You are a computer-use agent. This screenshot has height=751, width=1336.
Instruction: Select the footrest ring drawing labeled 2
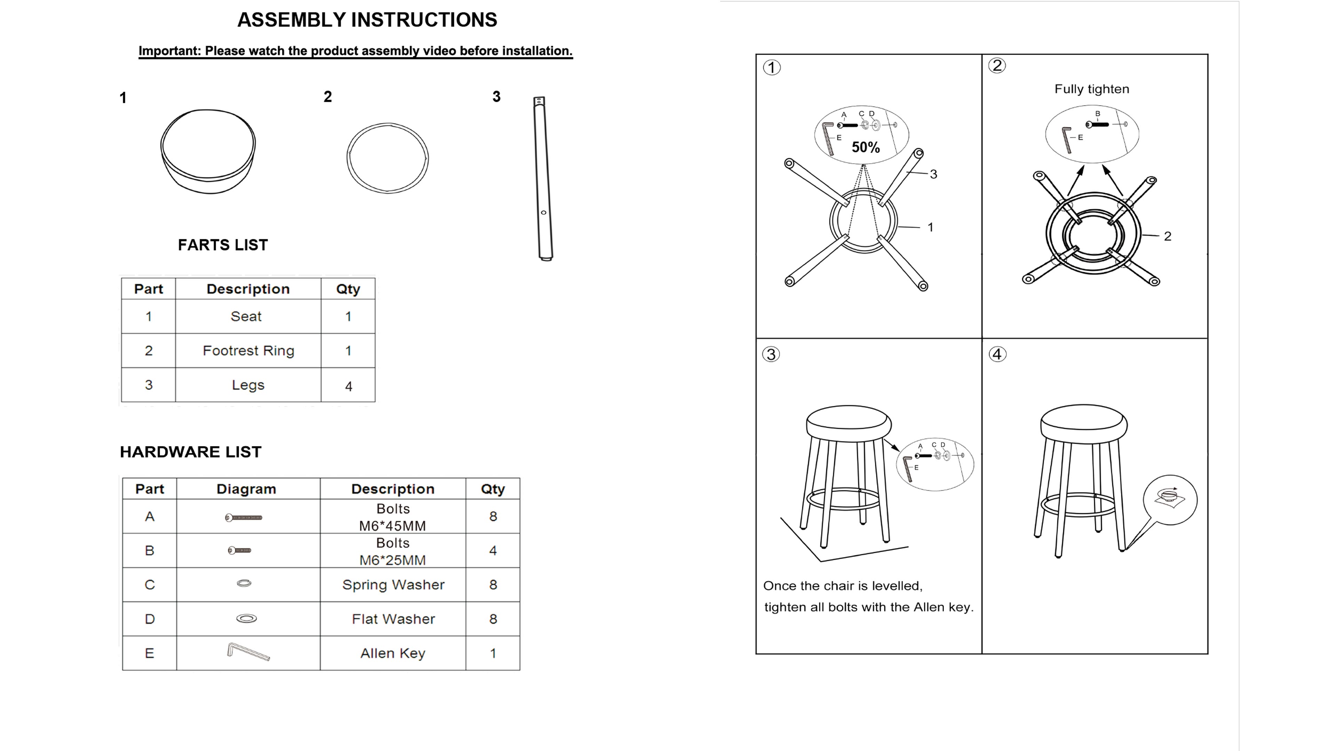388,158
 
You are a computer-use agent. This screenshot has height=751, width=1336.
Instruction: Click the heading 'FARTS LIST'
223,245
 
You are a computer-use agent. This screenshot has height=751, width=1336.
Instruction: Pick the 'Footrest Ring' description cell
248,351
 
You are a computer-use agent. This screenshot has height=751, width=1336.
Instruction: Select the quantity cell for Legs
348,386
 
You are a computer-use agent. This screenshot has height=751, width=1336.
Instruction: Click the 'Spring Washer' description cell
393,584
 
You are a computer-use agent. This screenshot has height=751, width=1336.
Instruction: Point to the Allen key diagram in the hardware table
248,652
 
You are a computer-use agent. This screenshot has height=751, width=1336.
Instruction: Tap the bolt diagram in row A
244,517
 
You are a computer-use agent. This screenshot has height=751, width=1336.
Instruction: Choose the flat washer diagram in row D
246,618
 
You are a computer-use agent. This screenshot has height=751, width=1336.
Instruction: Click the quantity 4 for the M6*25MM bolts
493,550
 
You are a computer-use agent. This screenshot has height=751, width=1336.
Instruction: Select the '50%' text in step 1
866,148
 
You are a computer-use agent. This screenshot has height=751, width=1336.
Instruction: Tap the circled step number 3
771,355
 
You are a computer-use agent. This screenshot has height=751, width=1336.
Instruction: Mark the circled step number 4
997,355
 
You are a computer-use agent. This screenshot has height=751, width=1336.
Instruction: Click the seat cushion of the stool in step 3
849,422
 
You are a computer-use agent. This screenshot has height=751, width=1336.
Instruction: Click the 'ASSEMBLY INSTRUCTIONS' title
367,20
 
